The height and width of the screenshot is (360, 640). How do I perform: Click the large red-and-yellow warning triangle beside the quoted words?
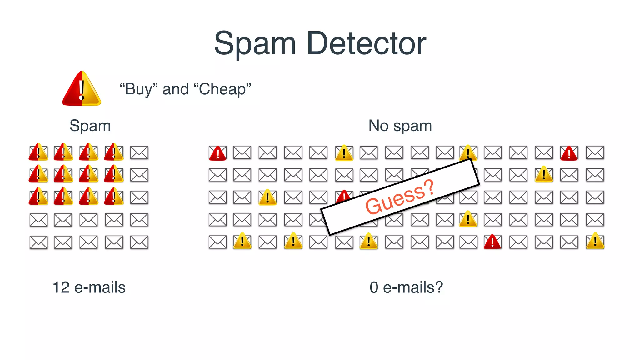pos(82,89)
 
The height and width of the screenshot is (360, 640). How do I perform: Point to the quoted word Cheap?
pos(222,89)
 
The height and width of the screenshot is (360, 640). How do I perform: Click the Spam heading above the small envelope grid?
pos(90,126)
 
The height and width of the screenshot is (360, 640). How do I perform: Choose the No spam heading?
pos(400,126)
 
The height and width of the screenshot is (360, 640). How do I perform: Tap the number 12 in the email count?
pos(61,287)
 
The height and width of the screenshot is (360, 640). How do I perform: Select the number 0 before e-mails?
pos(374,287)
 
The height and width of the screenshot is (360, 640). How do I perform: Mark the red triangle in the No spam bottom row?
pos(492,242)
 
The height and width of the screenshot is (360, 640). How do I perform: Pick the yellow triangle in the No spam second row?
pos(544,174)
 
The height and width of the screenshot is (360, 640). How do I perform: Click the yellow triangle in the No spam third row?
pos(267,197)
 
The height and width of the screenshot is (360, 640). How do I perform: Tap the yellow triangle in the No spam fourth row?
pos(468,219)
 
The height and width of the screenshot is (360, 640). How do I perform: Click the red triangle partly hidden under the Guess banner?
pos(343,196)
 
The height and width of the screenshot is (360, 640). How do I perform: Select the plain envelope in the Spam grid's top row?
pos(139,152)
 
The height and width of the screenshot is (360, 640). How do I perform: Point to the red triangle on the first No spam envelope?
pos(217,153)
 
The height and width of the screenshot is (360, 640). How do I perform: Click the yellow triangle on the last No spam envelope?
pos(595,241)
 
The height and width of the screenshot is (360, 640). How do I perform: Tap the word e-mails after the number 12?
pos(100,287)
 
